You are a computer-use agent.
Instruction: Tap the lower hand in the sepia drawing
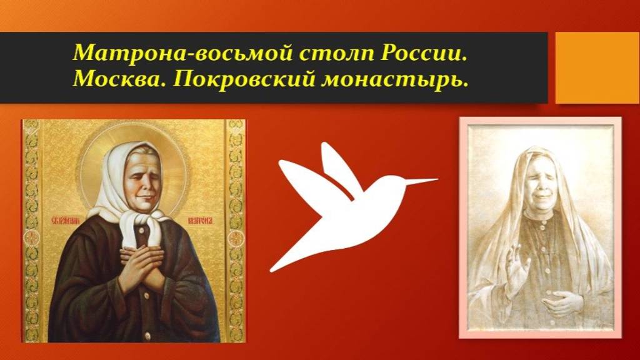pos(559,303)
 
